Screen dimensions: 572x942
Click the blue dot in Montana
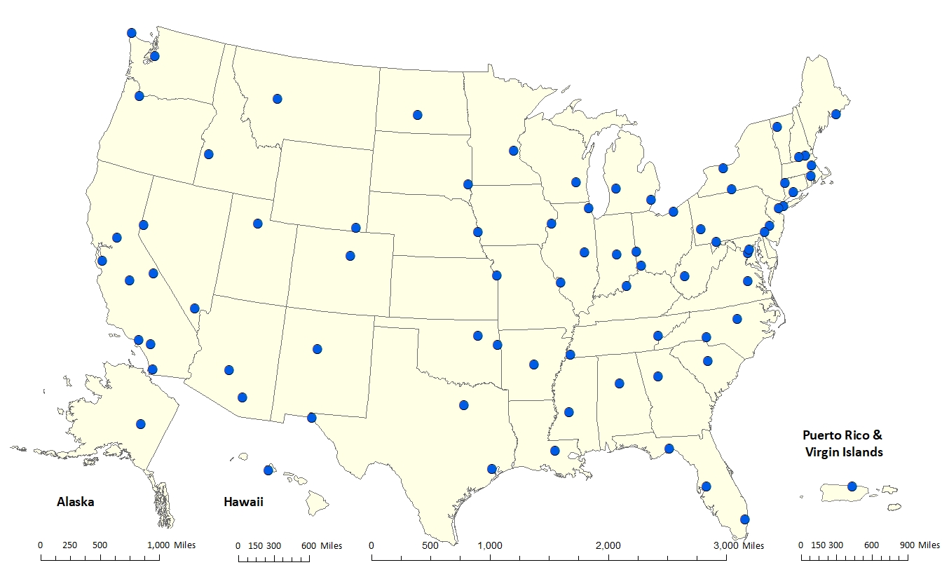278,99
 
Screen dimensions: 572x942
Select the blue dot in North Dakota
418,115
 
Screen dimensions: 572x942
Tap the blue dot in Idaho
208,154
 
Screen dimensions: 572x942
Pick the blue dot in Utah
258,224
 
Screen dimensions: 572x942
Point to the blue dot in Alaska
141,424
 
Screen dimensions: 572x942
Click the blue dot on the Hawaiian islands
268,470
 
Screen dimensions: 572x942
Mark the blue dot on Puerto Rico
852,486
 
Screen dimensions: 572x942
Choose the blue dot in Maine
835,114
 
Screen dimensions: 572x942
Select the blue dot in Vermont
777,127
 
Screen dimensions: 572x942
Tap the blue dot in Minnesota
513,151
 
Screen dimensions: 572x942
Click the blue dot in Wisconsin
575,182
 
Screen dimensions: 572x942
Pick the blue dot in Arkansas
534,365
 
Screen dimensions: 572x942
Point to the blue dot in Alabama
620,383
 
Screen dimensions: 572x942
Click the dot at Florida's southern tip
745,519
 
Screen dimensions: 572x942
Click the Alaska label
75,502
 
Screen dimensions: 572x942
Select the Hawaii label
243,502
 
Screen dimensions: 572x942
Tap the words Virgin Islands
842,452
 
